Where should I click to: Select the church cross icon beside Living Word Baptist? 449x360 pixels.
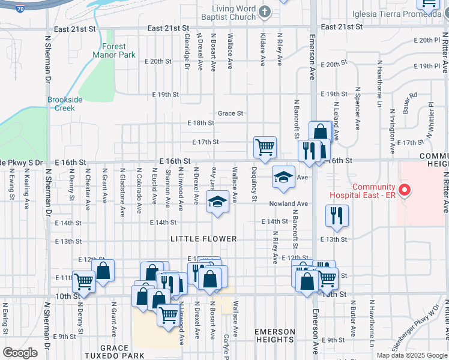(x=264, y=12)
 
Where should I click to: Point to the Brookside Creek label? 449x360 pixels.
(x=61, y=104)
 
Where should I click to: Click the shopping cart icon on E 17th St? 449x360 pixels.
(x=265, y=146)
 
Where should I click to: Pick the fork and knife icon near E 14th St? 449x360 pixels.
(x=337, y=215)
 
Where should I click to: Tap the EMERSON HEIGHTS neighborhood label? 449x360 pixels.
(x=275, y=336)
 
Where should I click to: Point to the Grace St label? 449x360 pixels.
(x=231, y=113)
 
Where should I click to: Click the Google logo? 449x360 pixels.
(x=20, y=353)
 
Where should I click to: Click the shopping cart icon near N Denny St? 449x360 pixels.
(x=83, y=280)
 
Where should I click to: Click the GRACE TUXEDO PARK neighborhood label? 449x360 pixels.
(x=115, y=352)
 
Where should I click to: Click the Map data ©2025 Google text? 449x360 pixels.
(x=411, y=355)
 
